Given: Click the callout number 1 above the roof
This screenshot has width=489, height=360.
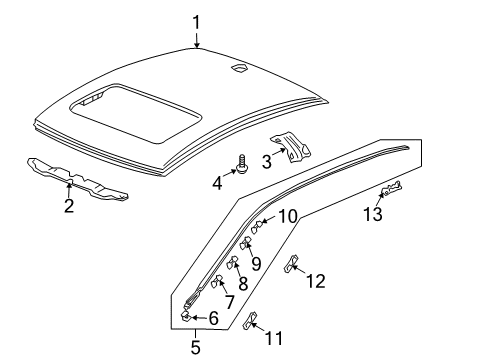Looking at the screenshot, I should (197, 20).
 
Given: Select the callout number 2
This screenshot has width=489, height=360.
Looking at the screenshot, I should (68, 206).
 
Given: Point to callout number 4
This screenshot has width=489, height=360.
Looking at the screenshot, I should (217, 181).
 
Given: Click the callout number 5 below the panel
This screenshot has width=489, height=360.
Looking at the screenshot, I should (196, 347).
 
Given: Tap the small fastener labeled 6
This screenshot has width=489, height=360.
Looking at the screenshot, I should (186, 315).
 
